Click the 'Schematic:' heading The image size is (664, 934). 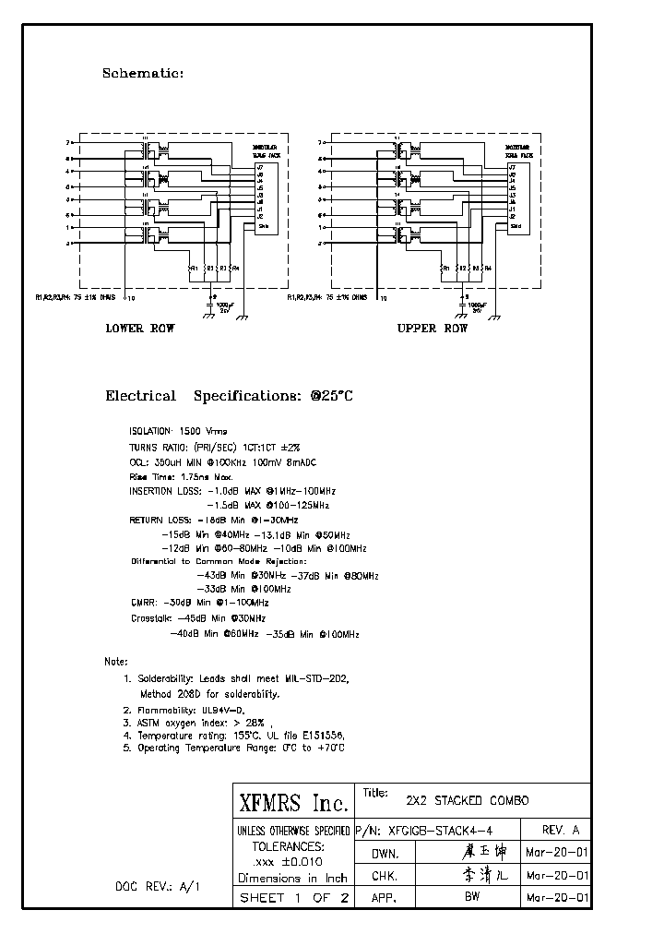pos(142,73)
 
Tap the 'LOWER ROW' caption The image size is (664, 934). pos(139,329)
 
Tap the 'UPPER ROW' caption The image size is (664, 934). pos(432,329)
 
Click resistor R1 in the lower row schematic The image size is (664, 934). pos(191,268)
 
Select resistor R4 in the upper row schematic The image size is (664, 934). pos(486,268)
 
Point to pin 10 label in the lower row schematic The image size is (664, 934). pos(130,299)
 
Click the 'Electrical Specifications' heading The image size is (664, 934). pos(229,396)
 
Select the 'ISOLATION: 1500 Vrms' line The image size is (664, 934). pos(178,431)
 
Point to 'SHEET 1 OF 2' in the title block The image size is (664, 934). pos(292,898)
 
